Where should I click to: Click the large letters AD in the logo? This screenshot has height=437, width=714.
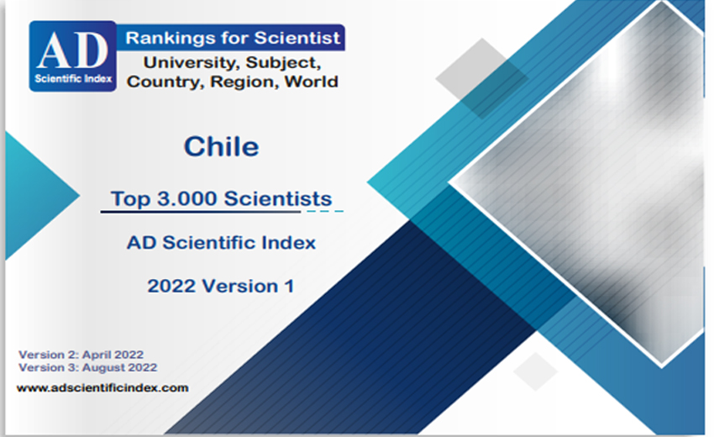coord(73,50)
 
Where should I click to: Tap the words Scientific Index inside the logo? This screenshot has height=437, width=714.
coord(73,79)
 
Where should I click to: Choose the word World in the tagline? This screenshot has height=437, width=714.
coord(312,82)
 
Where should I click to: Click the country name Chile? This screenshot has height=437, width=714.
coord(221,147)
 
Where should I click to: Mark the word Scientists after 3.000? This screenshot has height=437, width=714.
coord(278,198)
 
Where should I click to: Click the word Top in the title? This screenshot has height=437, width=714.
coord(131,199)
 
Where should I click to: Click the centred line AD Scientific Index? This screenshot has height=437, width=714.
coord(221,242)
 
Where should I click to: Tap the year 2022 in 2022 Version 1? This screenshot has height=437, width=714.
coord(171,287)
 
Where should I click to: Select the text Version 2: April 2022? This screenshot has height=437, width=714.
coord(81,355)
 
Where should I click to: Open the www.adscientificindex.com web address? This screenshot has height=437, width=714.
coord(102,387)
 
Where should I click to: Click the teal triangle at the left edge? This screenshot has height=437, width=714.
coord(32,196)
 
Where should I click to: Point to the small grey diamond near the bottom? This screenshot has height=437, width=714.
coord(536,371)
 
